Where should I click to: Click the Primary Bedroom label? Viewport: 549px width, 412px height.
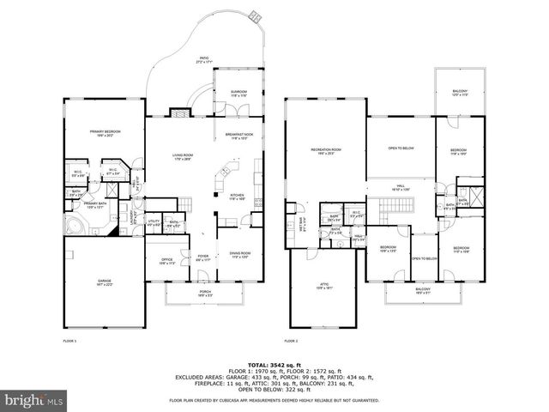104,133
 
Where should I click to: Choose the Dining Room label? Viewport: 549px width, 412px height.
241,255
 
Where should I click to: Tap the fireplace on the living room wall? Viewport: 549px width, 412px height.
180,111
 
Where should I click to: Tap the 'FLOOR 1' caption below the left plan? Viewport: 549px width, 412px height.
69,342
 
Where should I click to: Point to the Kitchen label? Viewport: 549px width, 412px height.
238,196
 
